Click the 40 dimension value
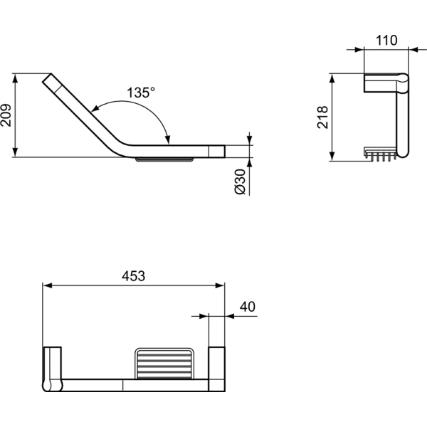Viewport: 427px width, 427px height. (248, 307)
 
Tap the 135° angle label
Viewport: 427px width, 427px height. (141, 93)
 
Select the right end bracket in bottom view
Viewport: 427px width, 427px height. (216, 369)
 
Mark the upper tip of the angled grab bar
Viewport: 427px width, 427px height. (47, 78)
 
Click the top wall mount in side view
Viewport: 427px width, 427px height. (381, 84)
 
